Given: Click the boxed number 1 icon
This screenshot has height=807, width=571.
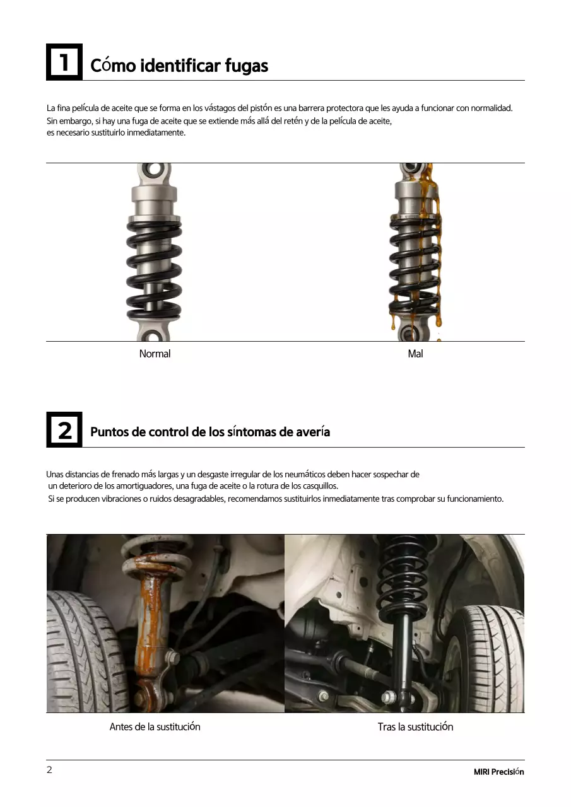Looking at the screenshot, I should pos(64,62).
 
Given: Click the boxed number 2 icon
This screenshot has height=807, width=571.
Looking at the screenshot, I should pos(64,430).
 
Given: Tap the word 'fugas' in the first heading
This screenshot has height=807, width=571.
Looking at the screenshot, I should pos(247,66).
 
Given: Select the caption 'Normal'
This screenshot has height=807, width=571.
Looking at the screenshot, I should pos(155,354).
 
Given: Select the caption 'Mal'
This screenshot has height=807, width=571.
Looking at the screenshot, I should pos(415,354).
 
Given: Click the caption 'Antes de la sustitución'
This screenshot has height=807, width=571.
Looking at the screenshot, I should pos(155,726).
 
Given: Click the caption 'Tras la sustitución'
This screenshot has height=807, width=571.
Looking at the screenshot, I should pos(415,726).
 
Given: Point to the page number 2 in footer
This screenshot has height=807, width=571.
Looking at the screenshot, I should pos(49,770).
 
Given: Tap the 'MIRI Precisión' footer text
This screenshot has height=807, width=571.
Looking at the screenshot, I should pos(498,772).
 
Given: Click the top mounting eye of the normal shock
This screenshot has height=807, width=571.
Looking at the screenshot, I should pos(154,170).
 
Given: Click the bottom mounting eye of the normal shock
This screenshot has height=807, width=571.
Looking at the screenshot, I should pos(154,334).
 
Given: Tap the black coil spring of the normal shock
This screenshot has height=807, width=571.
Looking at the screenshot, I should pos(154,265).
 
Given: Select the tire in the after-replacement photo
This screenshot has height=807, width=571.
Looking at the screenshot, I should pos(489,656).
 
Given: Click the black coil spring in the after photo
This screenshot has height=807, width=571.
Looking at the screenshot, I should pos(402,574).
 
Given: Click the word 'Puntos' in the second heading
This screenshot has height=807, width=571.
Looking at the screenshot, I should pos(109,432).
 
